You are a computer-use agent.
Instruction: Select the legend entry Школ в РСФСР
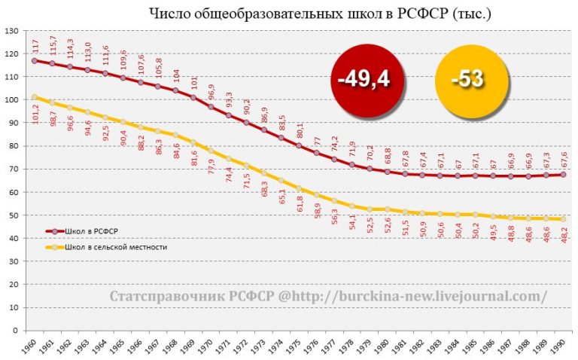tap(95, 231)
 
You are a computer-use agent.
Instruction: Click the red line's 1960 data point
tap(34, 60)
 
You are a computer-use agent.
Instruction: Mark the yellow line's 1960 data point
tap(34, 97)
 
